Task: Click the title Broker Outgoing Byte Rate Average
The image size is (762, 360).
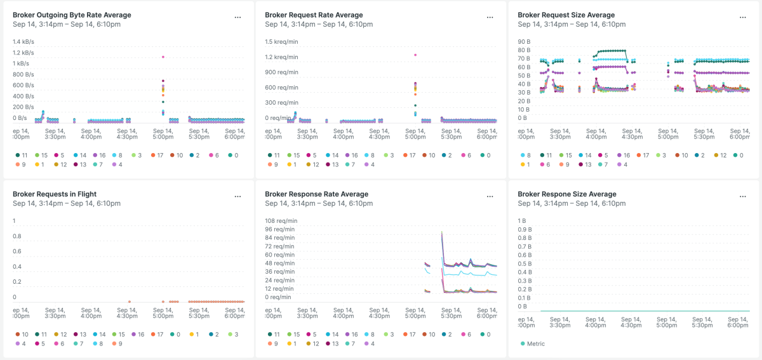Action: click(72, 15)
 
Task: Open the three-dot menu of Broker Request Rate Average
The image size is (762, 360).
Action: click(490, 18)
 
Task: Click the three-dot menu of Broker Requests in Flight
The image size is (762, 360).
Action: click(237, 197)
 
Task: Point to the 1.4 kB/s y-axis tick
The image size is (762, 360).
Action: click(23, 42)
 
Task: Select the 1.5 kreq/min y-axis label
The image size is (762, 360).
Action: click(281, 42)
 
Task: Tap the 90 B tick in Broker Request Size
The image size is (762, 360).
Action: click(524, 42)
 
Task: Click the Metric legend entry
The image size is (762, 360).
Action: click(535, 343)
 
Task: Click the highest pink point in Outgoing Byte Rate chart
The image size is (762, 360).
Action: click(163, 57)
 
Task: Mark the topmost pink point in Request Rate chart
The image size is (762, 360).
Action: click(415, 55)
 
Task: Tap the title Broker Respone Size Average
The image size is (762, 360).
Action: click(566, 194)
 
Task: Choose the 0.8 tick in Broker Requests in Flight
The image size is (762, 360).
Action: click(18, 236)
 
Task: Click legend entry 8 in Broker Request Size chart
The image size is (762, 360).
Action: click(525, 155)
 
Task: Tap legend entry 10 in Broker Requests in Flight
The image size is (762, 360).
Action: click(22, 334)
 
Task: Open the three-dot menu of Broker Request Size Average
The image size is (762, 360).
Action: click(742, 18)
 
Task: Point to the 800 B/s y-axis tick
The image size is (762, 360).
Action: click(23, 75)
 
